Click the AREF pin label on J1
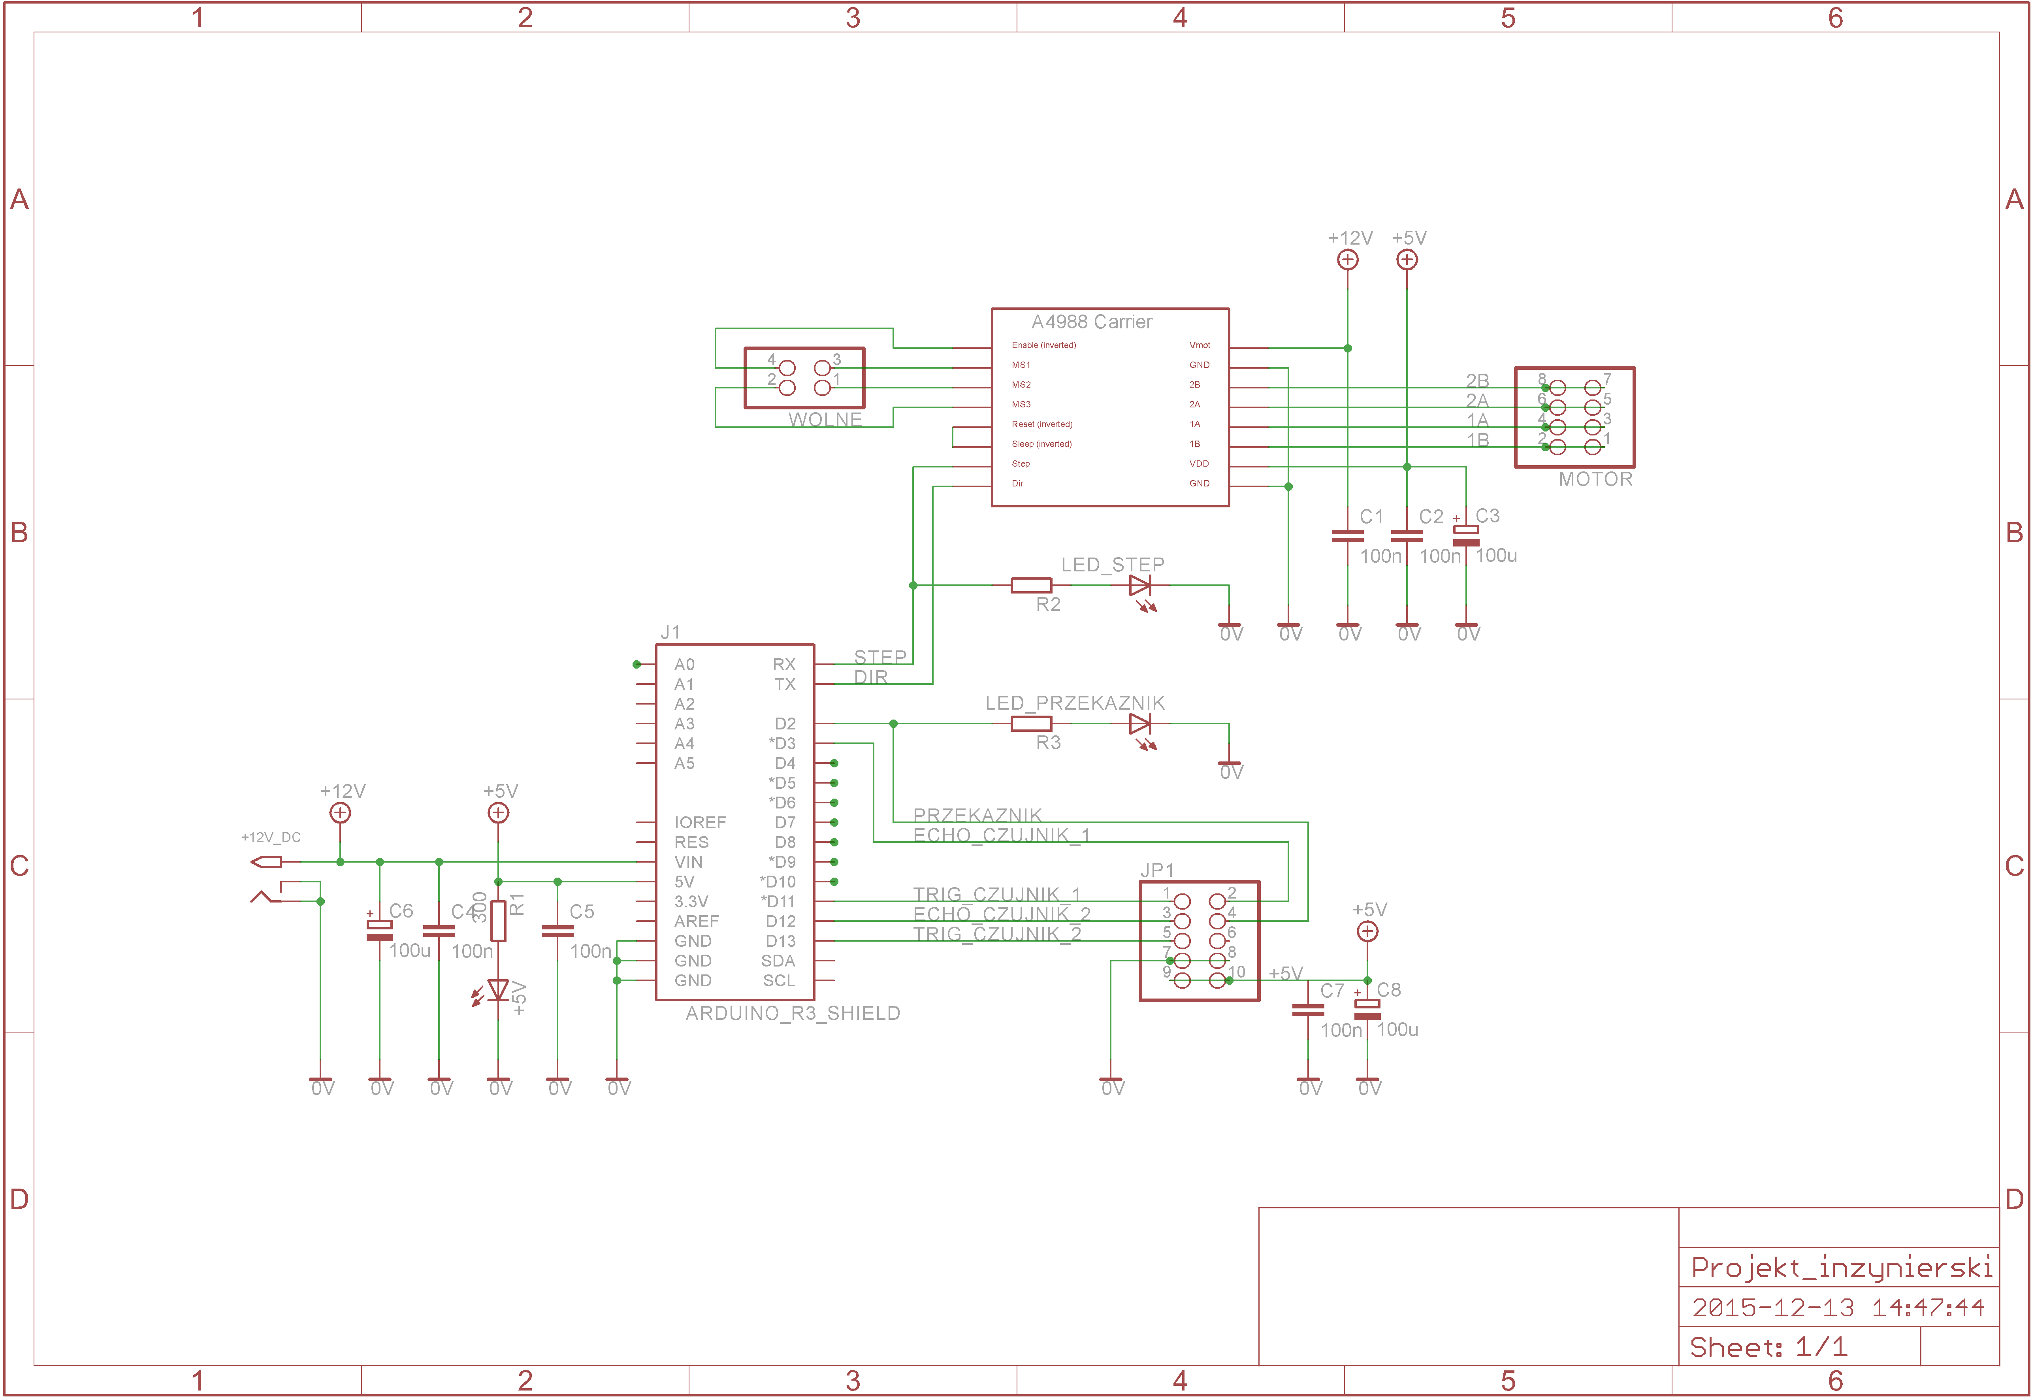click(696, 921)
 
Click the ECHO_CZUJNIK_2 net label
click(1002, 914)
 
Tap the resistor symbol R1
click(498, 921)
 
